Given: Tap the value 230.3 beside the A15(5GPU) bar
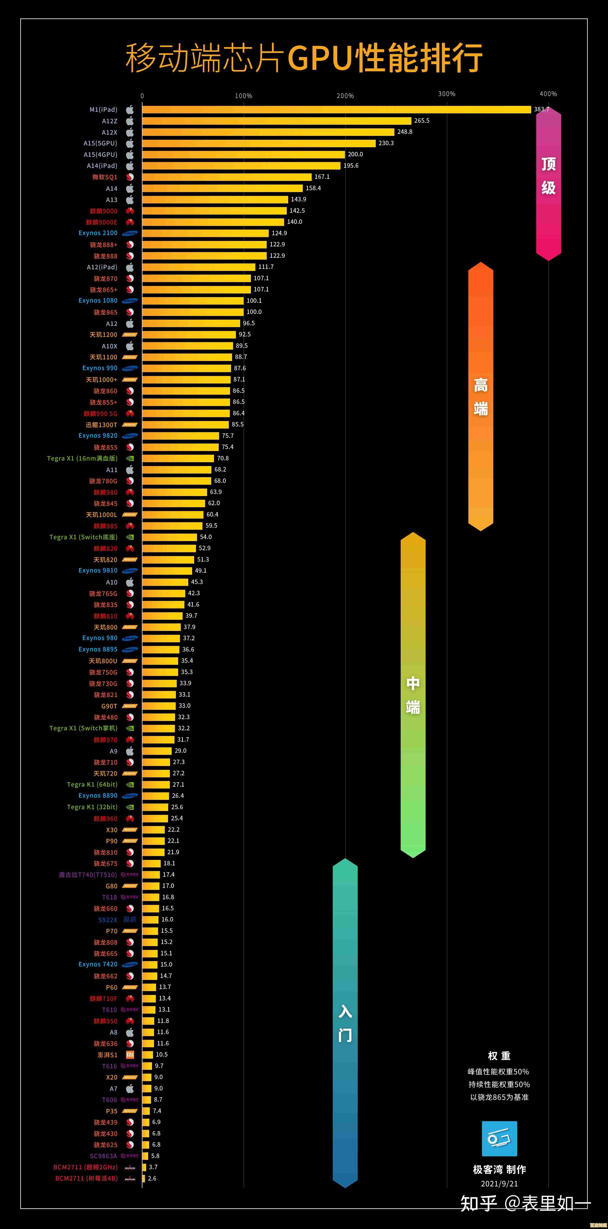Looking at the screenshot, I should click(386, 143).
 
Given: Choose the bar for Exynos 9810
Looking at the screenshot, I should click(167, 571).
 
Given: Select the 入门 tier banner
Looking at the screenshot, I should click(345, 1023).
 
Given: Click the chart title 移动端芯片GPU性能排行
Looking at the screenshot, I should click(304, 57).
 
